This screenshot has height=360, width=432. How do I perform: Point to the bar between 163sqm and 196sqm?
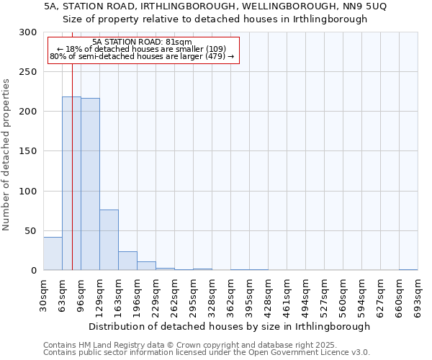pos(127,261)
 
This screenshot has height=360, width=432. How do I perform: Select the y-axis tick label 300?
pos(28,32)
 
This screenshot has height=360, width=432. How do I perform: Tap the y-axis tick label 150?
pos(28,151)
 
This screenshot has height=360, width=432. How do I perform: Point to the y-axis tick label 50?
pos(31,231)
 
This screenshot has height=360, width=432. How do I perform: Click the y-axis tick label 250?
pos(28,72)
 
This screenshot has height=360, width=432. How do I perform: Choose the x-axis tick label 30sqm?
pos(44,295)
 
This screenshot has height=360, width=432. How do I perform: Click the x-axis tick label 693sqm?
pos(418,295)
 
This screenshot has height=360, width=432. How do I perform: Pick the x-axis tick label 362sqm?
pos(231,295)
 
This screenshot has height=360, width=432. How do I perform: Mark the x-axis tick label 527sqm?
pos(325,295)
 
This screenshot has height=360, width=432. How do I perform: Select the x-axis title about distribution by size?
pos(230,326)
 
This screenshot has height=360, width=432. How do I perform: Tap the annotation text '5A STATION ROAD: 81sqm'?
pos(143,42)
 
